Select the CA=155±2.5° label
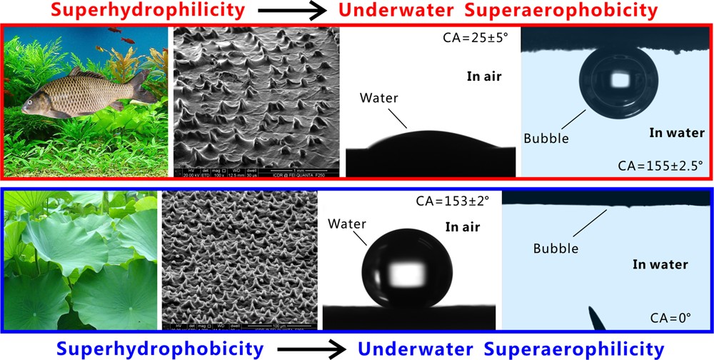click(660, 166)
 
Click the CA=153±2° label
click(458, 202)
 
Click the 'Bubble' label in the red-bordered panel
click(547, 138)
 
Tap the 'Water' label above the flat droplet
click(379, 98)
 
